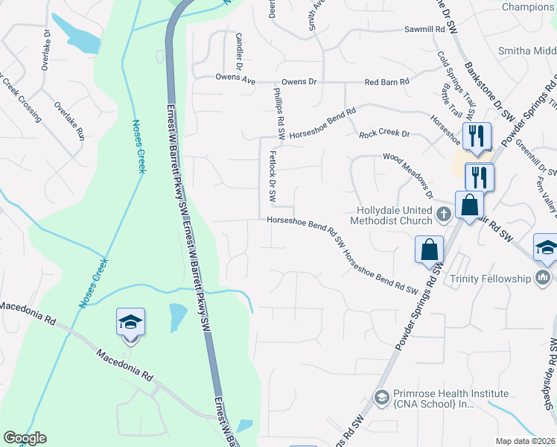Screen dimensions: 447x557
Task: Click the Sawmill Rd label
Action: (424, 29)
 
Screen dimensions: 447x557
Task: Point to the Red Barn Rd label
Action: (387, 82)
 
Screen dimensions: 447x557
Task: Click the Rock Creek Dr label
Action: (385, 134)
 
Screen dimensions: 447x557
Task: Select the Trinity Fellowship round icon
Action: (542, 279)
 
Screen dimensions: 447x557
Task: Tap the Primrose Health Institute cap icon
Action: (381, 396)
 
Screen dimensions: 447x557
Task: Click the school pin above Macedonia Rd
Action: (130, 323)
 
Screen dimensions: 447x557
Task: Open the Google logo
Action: (25, 438)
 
